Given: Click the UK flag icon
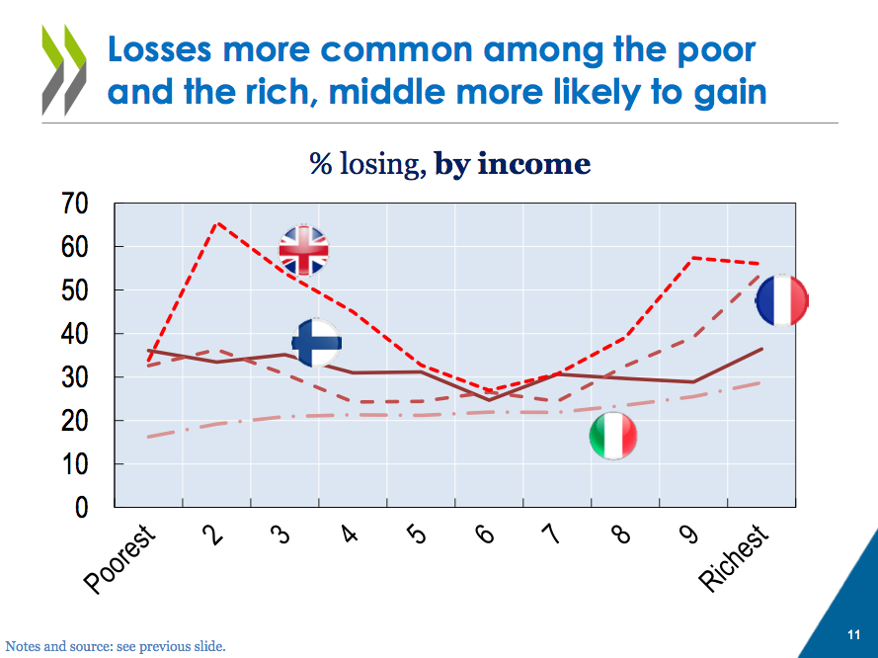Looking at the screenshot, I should click(x=304, y=250).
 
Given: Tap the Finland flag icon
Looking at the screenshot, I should click(x=317, y=343).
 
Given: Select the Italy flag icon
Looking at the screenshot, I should click(x=613, y=436).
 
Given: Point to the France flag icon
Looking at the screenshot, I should click(x=782, y=300).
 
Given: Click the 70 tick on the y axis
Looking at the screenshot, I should click(x=75, y=205).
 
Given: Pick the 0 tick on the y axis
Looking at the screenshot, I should click(x=82, y=508).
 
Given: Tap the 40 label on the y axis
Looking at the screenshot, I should click(x=75, y=335).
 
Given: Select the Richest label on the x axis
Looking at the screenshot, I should click(x=735, y=558).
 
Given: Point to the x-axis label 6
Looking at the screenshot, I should click(x=485, y=534).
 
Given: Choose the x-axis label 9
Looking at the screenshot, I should click(x=688, y=534).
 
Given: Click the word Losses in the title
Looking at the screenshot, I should click(x=170, y=48).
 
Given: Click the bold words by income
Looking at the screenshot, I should click(x=513, y=164).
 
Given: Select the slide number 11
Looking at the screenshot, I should click(x=853, y=634).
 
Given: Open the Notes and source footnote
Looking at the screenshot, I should click(x=116, y=647).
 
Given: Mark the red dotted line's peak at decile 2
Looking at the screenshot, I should click(x=216, y=223).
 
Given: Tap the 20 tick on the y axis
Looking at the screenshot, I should click(x=75, y=422).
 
